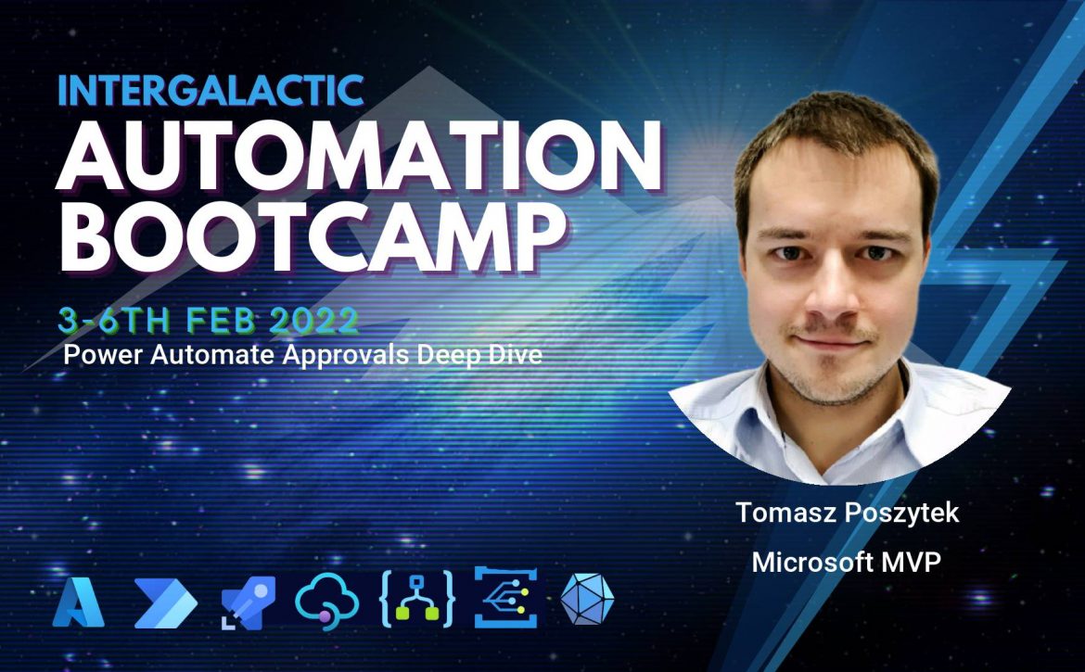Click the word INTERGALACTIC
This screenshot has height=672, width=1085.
[x=211, y=90]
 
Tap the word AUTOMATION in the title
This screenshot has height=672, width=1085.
[x=359, y=156]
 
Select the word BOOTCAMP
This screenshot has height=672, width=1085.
[x=311, y=235]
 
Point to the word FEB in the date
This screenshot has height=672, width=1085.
[x=223, y=320]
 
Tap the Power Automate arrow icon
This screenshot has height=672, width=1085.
[x=165, y=602]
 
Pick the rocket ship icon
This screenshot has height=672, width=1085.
[x=249, y=602]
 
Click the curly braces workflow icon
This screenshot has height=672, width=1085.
[x=417, y=600]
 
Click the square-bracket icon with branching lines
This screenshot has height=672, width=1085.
[x=505, y=597]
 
